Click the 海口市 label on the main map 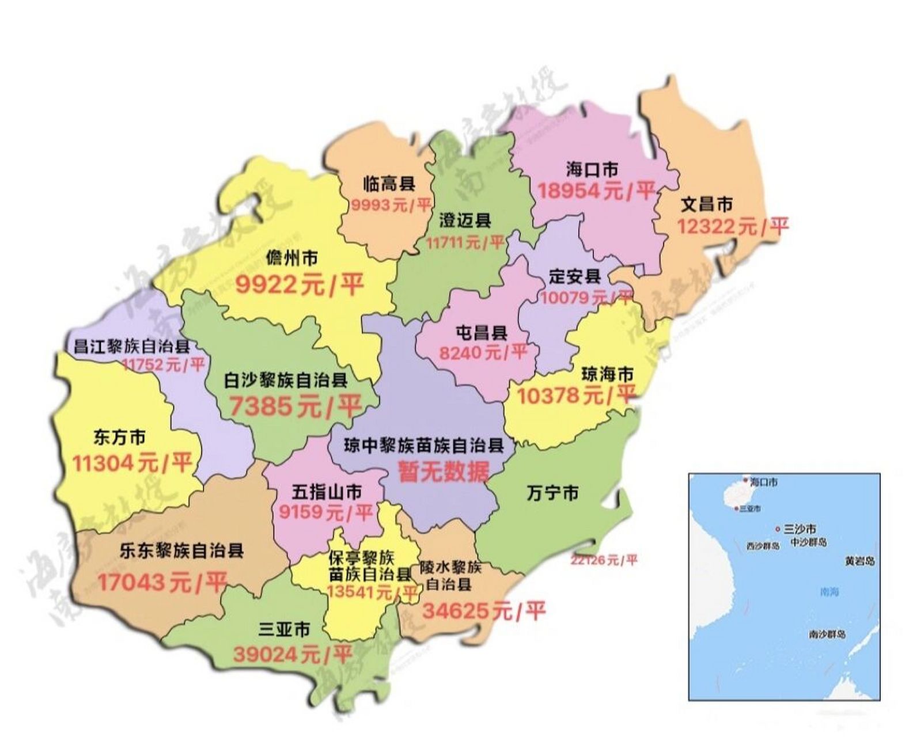pyautogui.click(x=592, y=170)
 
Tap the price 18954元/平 pyautogui.click(x=596, y=191)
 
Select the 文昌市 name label pyautogui.click(x=707, y=204)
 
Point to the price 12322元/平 pyautogui.click(x=732, y=226)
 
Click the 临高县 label pyautogui.click(x=389, y=184)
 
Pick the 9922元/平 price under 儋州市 pyautogui.click(x=300, y=284)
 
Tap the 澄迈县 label pyautogui.click(x=465, y=221)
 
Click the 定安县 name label pyautogui.click(x=574, y=276)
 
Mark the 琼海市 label pyautogui.click(x=607, y=374)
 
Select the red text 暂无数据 pyautogui.click(x=444, y=472)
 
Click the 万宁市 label pyautogui.click(x=552, y=493)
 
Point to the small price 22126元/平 pyautogui.click(x=604, y=560)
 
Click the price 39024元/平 pyautogui.click(x=293, y=655)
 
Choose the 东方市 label pyautogui.click(x=119, y=438)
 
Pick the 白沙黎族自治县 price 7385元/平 pyautogui.click(x=295, y=406)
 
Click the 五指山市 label pyautogui.click(x=327, y=492)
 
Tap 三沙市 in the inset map pyautogui.click(x=800, y=529)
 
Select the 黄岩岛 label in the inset pyautogui.click(x=859, y=560)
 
